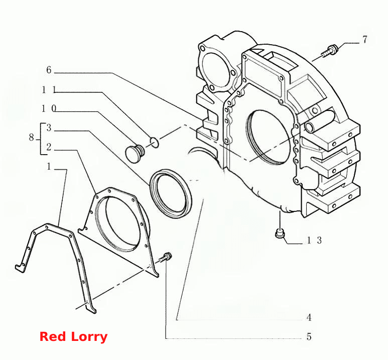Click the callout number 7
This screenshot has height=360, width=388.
click(365, 40)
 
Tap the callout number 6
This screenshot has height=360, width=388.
click(49, 70)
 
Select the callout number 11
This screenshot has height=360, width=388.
click(49, 89)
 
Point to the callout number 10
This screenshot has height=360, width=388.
click(49, 108)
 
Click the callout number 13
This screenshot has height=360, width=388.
click(314, 240)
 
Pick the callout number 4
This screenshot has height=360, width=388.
click(309, 317)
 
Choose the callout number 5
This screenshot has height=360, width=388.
click(309, 337)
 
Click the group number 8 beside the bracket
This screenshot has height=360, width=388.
click(31, 137)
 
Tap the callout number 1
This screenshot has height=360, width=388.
click(49, 166)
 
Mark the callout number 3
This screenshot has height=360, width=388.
click(49, 128)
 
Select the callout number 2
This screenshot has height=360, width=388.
click(49, 147)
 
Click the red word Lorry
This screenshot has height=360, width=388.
click(89, 337)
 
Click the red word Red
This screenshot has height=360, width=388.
click(53, 337)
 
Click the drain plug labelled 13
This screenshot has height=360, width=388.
click(280, 233)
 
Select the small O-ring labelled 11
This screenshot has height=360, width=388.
click(155, 142)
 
